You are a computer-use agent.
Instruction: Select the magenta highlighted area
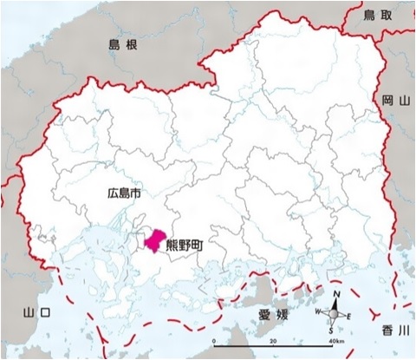(x=154, y=240)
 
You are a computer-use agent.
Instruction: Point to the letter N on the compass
(x=335, y=296)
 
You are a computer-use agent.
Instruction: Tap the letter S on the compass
(x=333, y=331)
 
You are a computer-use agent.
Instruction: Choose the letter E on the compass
(x=349, y=317)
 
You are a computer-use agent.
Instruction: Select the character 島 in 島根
(x=114, y=44)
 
